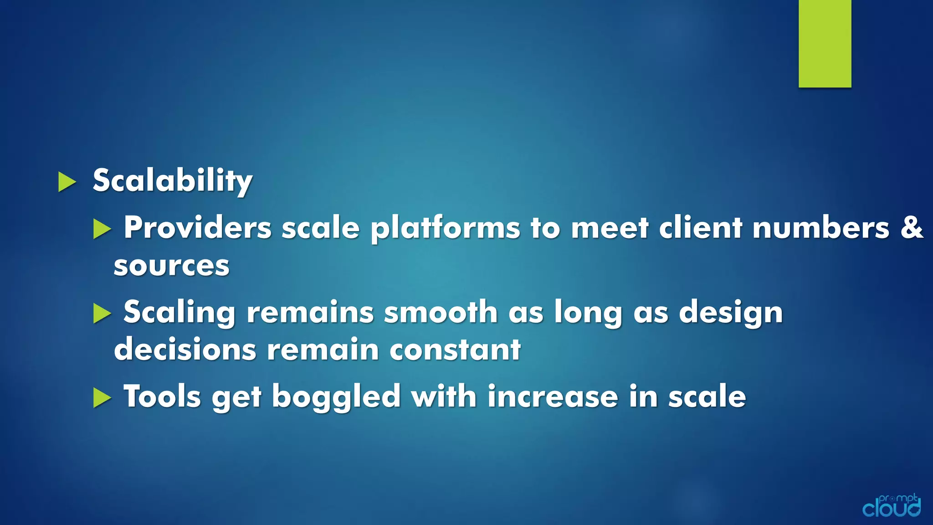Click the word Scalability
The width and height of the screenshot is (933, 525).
(x=172, y=181)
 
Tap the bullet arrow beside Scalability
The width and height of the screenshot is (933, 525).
(x=67, y=182)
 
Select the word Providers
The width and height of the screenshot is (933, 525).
(x=198, y=227)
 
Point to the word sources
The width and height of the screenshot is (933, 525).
(x=171, y=266)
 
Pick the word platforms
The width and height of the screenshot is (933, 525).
(x=445, y=227)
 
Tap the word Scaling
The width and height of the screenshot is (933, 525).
(x=179, y=313)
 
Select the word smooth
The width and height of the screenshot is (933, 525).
(x=441, y=313)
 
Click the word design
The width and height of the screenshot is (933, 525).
(x=731, y=313)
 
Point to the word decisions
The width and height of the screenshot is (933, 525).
(x=185, y=350)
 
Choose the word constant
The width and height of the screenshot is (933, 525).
(x=455, y=350)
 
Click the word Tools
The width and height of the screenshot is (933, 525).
(x=162, y=396)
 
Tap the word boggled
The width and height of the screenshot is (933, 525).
(x=336, y=397)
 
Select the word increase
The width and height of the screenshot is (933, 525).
(x=553, y=396)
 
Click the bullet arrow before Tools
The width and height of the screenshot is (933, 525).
(x=102, y=398)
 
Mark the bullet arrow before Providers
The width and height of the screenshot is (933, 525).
(x=102, y=229)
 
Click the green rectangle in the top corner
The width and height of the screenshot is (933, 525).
(x=825, y=43)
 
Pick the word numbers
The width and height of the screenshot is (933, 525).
(x=820, y=227)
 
